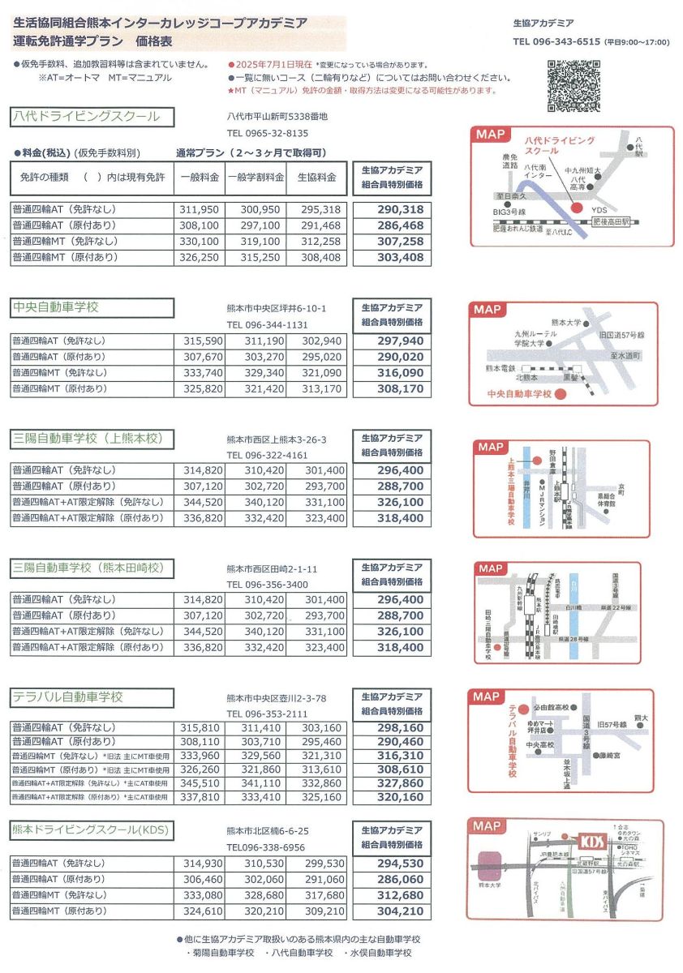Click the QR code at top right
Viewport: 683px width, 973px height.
[573, 86]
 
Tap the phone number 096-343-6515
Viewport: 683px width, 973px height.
[556, 42]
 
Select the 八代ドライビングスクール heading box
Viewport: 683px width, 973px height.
[92, 117]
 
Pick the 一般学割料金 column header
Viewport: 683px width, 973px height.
[255, 177]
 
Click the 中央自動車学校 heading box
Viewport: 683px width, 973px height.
[92, 308]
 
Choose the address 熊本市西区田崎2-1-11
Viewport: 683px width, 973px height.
[273, 568]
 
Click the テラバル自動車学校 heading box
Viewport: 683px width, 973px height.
[92, 697]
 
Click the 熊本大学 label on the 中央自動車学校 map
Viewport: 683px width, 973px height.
[566, 323]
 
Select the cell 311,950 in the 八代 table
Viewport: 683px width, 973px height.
[200, 209]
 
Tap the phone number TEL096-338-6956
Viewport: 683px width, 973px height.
[266, 847]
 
